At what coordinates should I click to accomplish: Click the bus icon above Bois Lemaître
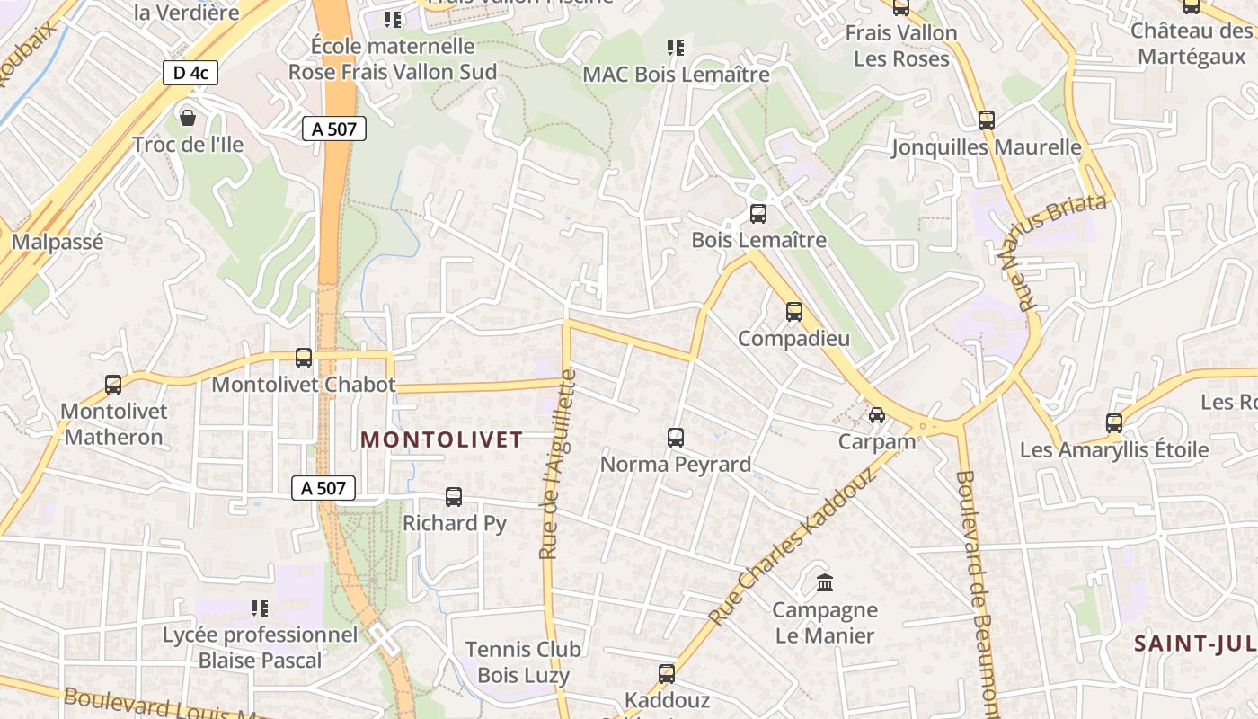(x=758, y=214)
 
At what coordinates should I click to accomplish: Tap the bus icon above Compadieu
(x=794, y=312)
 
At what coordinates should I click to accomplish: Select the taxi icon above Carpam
(x=877, y=415)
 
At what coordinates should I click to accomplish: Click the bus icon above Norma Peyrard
(x=676, y=438)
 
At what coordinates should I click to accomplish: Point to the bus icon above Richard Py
(x=454, y=497)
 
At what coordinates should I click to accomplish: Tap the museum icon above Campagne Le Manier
(x=825, y=584)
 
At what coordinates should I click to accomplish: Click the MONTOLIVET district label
(x=441, y=439)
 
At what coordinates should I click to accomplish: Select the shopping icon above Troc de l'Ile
(x=188, y=118)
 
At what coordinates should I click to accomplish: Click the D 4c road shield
(x=190, y=73)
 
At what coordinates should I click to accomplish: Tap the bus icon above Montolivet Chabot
(x=304, y=358)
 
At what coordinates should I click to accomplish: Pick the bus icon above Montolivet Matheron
(x=113, y=385)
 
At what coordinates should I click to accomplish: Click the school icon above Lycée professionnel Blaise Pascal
(x=260, y=608)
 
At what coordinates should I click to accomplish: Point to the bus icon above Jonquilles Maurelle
(x=987, y=120)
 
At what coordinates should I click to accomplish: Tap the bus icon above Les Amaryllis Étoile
(x=1114, y=423)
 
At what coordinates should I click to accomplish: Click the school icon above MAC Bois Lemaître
(x=676, y=48)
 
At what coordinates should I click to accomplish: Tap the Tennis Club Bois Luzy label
(x=523, y=661)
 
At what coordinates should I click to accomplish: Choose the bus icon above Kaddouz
(x=667, y=674)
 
